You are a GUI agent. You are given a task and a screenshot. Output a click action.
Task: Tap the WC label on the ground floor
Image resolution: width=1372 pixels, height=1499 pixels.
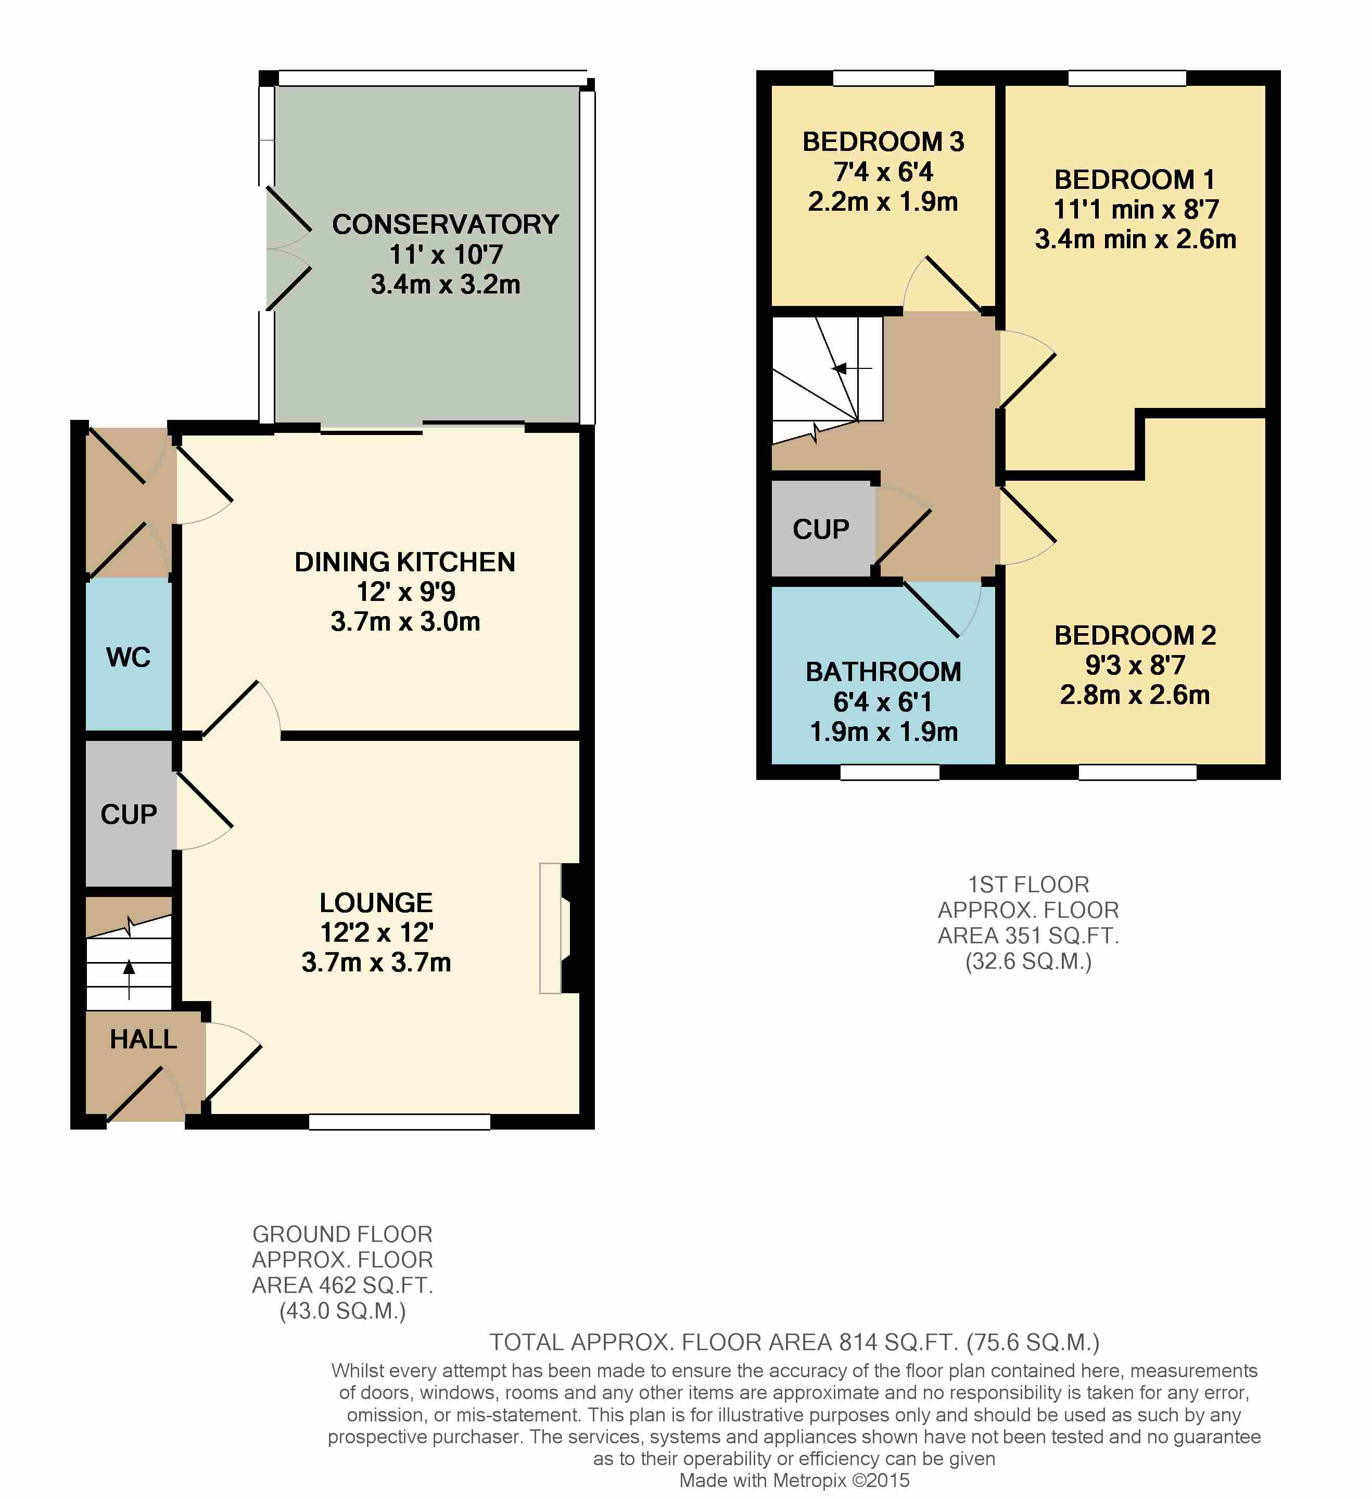pyautogui.click(x=129, y=657)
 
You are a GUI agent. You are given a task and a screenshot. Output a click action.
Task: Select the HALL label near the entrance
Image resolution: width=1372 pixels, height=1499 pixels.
pyautogui.click(x=144, y=1039)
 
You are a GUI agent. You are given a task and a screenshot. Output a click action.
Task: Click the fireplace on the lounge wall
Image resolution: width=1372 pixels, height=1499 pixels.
pyautogui.click(x=562, y=928)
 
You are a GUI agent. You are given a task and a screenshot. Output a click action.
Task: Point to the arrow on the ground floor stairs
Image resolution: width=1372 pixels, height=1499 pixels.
pyautogui.click(x=130, y=979)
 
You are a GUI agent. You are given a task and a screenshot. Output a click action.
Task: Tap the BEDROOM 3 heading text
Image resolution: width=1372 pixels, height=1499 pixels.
pyautogui.click(x=883, y=142)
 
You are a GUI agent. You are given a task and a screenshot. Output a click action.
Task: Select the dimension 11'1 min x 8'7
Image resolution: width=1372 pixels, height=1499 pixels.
pyautogui.click(x=1136, y=210)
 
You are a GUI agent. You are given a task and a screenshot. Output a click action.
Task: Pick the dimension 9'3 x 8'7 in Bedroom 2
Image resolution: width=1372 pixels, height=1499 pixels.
pyautogui.click(x=1135, y=665)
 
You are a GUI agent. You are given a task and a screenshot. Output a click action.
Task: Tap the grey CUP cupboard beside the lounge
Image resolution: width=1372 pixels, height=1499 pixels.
pyautogui.click(x=130, y=813)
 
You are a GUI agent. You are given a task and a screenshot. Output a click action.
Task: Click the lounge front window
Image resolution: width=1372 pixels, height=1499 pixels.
pyautogui.click(x=399, y=1122)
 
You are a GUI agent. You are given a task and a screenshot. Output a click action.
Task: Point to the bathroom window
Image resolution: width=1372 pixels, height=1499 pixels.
pyautogui.click(x=890, y=773)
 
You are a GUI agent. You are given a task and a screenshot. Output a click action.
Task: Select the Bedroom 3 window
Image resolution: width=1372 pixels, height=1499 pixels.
pyautogui.click(x=883, y=78)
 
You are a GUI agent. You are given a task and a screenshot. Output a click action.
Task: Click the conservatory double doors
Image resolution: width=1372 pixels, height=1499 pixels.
pyautogui.click(x=288, y=248)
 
